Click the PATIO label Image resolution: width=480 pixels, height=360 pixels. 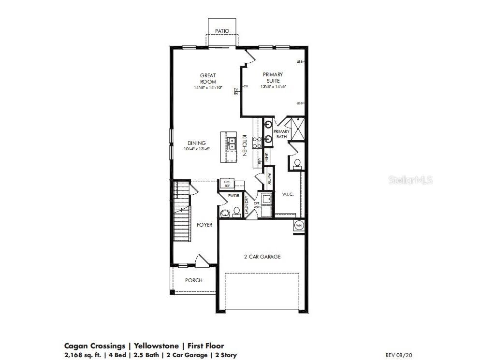coord(222,31)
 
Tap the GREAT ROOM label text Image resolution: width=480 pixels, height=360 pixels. coord(208,78)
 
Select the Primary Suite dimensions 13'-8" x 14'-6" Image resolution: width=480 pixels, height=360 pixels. coord(273,86)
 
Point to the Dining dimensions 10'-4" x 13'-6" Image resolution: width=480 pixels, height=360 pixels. coord(196,149)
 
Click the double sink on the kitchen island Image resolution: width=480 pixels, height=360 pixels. coord(232,143)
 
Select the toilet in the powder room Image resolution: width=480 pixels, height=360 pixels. coord(236,212)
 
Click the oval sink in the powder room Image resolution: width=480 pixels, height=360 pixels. coord(224,213)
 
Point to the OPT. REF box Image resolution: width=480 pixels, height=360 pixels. coord(227,183)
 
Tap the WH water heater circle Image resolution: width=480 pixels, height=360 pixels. coord(298,226)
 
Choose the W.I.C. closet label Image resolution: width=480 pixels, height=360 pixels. coord(288,194)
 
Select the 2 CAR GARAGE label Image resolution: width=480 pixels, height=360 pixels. coord(262,257)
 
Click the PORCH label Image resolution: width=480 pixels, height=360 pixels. coord(194,280)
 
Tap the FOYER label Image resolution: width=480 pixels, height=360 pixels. coord(204,225)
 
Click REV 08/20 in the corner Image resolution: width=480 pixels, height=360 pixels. coord(398,355)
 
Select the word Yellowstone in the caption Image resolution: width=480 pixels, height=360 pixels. coord(156,346)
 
